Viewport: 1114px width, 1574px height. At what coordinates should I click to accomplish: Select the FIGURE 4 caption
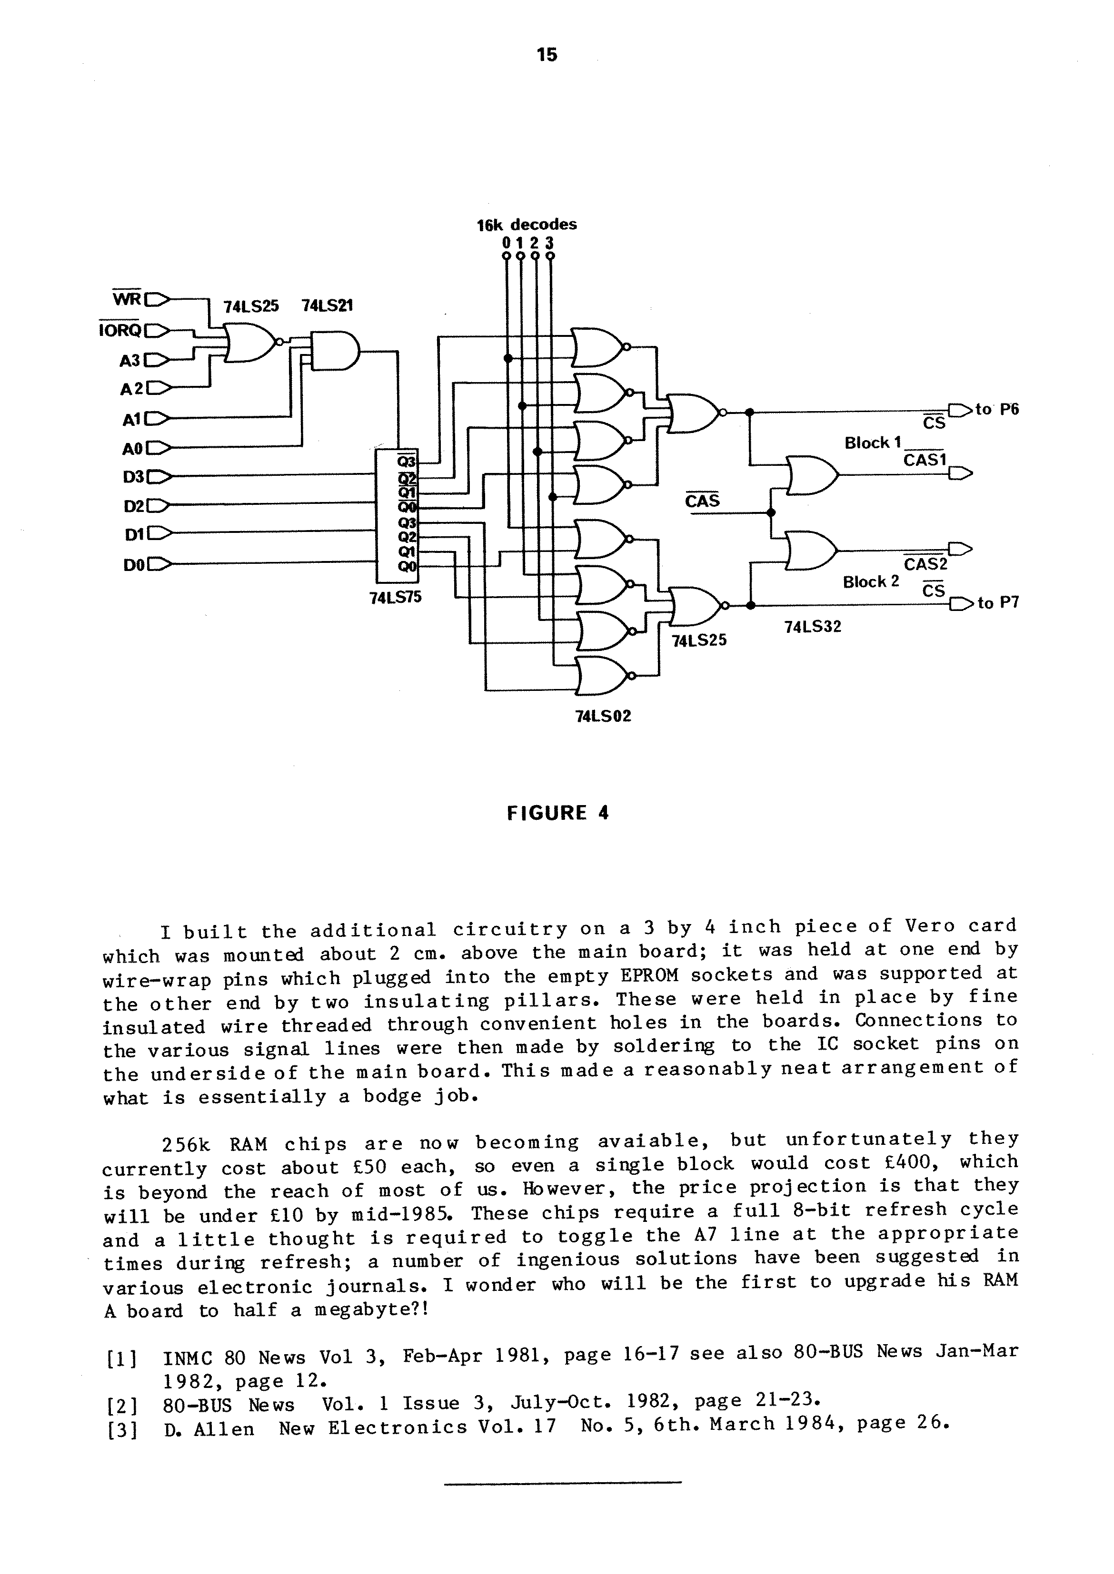click(557, 813)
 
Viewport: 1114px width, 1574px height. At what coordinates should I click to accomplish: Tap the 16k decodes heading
click(527, 224)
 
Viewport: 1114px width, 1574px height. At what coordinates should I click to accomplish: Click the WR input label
click(127, 300)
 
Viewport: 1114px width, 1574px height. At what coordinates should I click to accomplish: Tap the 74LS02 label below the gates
click(603, 717)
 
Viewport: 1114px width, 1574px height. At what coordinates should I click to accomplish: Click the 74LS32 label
click(813, 627)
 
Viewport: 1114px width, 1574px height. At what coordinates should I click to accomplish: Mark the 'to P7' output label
click(998, 603)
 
